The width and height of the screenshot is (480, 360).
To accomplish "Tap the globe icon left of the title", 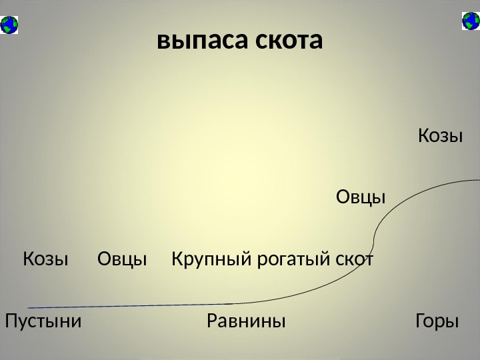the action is (10, 25).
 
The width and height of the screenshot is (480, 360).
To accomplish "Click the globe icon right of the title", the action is (471, 21).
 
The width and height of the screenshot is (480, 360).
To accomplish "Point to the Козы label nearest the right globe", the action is (440, 137).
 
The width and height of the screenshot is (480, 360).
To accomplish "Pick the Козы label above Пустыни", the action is (46, 259).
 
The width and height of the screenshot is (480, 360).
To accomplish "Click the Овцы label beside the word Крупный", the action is (122, 259).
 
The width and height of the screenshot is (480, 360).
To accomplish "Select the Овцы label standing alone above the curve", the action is (360, 197).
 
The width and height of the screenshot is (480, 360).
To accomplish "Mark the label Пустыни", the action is (43, 322).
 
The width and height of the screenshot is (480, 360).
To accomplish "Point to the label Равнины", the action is (246, 322).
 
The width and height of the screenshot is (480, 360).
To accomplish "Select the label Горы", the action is (437, 322).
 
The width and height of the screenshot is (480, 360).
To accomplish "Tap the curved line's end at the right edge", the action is (477, 180).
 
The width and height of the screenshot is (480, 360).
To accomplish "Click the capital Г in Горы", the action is (419, 322).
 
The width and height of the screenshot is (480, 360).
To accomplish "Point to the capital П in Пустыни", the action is (11, 322).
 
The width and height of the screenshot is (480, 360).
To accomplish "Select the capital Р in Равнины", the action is (212, 322).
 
